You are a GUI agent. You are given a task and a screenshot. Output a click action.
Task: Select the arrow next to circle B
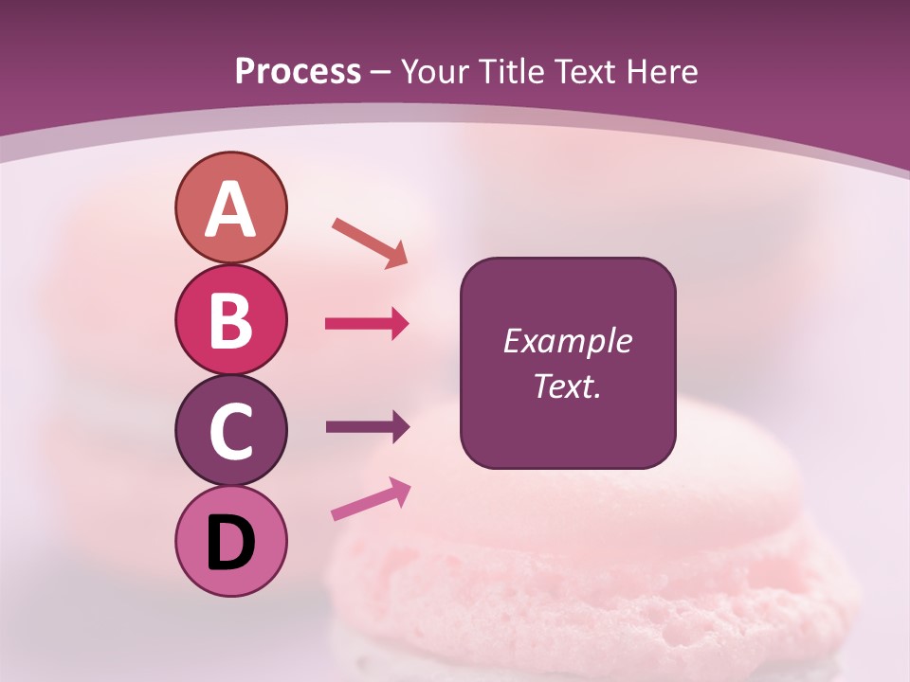pos(367,324)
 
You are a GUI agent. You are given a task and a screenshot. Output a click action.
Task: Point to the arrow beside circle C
pos(367,427)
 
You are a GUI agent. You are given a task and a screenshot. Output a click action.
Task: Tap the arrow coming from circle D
pos(371,500)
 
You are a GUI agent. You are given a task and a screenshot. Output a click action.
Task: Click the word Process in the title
pos(298,71)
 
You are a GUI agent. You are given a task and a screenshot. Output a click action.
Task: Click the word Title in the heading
pos(518,71)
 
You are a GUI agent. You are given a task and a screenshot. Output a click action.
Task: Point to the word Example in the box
pos(568,341)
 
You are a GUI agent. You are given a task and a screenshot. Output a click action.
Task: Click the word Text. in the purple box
pos(568,386)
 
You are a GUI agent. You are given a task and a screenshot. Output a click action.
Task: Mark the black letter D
pos(230,542)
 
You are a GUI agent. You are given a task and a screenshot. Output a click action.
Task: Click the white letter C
pos(230,432)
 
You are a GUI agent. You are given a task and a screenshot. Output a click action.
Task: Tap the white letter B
pos(230,320)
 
